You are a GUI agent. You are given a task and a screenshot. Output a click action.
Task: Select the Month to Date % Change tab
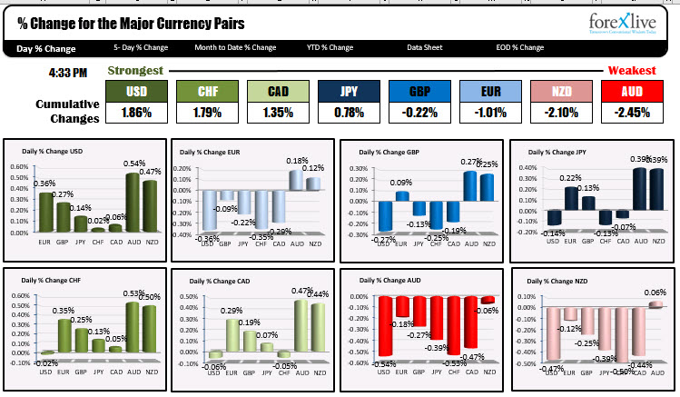click(235, 47)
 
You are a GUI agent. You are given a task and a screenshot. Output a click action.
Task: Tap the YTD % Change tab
click(330, 47)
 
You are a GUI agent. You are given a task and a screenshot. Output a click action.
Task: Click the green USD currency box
click(136, 91)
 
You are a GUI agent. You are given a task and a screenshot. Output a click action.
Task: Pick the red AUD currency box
click(631, 91)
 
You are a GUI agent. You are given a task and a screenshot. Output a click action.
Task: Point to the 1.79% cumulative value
click(207, 114)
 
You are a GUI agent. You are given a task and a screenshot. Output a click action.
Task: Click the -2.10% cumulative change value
click(560, 114)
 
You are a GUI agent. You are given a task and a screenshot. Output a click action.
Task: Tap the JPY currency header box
click(349, 91)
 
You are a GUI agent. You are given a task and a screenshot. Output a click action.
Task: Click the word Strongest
click(135, 70)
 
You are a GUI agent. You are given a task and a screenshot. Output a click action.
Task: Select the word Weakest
click(632, 70)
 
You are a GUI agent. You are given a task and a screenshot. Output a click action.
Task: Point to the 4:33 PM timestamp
click(69, 71)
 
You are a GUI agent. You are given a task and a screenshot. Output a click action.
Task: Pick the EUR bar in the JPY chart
click(570, 197)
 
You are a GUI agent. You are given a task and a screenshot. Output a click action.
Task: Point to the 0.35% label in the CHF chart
click(64, 311)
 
